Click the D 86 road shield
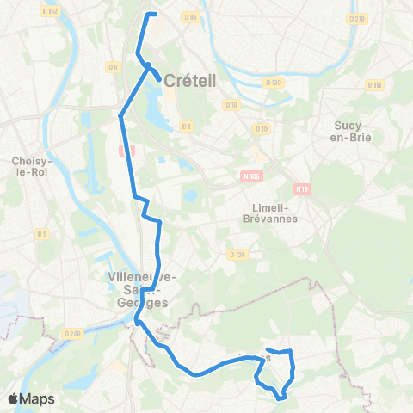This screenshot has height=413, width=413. tap(190, 17)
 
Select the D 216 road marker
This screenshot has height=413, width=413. tap(358, 18)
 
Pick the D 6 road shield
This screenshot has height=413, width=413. tap(113, 66)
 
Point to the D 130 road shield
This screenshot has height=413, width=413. tap(274, 83)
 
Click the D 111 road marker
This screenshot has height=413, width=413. tap(374, 84)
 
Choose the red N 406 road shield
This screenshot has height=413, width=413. tap(249, 176)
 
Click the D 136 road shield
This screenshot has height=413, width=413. tap(238, 254)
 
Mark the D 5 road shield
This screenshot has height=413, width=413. tap(41, 233)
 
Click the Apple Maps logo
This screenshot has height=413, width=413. tap(30, 398)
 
